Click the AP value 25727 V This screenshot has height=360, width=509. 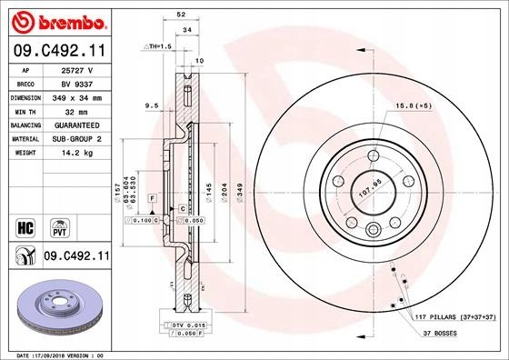tap(78, 69)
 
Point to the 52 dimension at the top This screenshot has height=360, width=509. tap(182, 15)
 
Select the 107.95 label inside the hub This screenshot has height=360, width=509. tap(369, 192)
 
